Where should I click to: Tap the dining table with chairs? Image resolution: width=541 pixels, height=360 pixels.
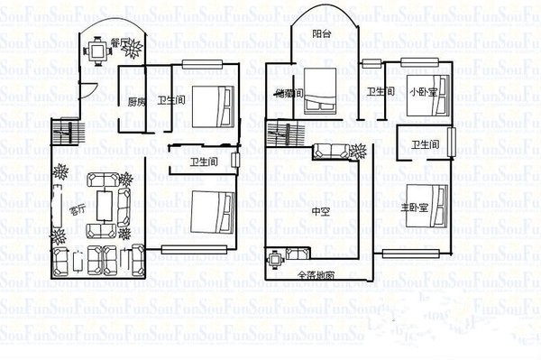pyautogui.click(x=95, y=51)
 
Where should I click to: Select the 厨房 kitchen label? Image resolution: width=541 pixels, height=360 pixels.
pyautogui.click(x=135, y=101)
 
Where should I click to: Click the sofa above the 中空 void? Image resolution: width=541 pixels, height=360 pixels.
pyautogui.click(x=333, y=152)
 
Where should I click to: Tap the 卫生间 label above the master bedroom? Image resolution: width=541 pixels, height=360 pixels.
pyautogui.click(x=426, y=144)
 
